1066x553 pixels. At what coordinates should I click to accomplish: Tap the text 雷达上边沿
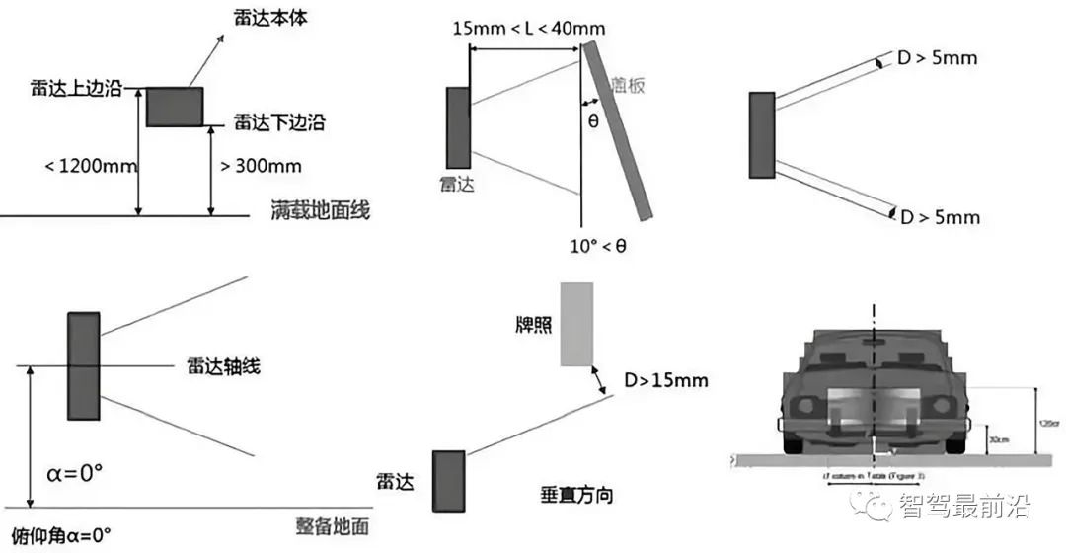coord(76,89)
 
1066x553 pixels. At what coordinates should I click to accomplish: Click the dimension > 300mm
coord(261,165)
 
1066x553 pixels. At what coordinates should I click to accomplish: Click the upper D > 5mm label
coord(938,58)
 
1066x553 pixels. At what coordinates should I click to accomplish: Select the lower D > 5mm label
coord(940,216)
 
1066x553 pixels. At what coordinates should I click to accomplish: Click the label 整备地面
coord(332,526)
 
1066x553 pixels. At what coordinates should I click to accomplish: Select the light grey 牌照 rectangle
coord(576,324)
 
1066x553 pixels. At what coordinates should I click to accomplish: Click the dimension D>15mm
coord(665,380)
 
